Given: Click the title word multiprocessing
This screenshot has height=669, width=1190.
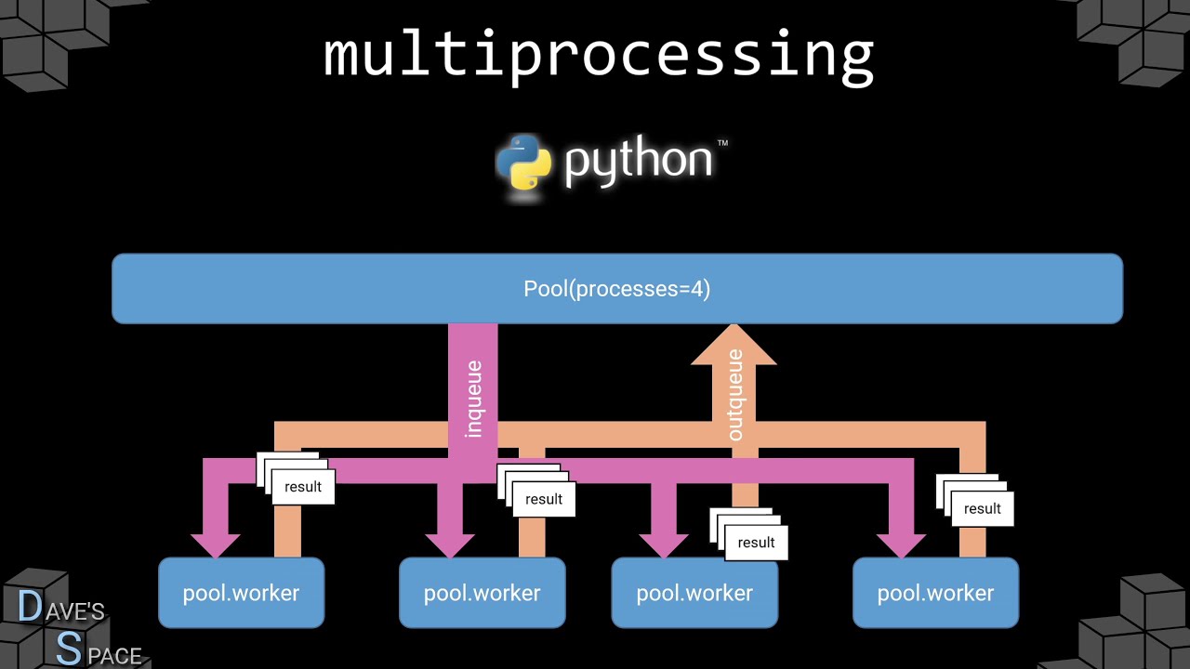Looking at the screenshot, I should [598, 55].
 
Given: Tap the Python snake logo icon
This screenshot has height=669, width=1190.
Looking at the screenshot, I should [523, 163].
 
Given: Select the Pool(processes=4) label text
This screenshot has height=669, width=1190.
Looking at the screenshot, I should [616, 289].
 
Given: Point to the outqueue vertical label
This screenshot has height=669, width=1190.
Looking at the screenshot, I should [734, 395].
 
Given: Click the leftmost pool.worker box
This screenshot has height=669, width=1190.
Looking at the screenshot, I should [241, 593].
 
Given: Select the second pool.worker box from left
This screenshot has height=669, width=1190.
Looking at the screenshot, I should [482, 593].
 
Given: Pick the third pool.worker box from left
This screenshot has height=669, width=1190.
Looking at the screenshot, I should [694, 593].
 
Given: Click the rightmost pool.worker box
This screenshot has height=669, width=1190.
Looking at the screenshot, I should [935, 593].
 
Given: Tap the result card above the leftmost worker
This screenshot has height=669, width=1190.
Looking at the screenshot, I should [302, 487].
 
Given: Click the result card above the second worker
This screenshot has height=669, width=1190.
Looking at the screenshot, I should [543, 499].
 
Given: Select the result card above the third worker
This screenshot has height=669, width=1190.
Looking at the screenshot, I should [755, 543].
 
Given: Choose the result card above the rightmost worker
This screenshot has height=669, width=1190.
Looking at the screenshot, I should [982, 508].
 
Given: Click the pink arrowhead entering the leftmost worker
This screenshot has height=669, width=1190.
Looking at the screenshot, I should [216, 544].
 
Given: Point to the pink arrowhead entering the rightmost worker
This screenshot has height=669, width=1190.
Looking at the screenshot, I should [901, 544].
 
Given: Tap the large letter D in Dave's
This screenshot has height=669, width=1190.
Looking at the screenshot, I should [30, 607].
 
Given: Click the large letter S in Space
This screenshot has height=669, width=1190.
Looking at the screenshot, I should [68, 649].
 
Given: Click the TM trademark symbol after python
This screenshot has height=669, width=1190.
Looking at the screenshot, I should [722, 144].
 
